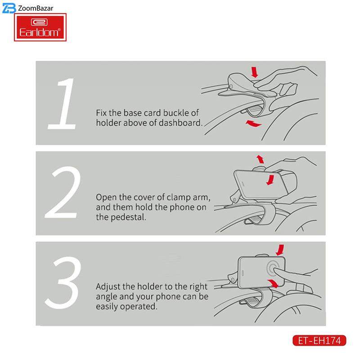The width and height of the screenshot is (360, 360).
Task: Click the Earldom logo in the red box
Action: pos(40,27)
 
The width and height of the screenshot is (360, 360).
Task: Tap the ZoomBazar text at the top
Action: pos(36,8)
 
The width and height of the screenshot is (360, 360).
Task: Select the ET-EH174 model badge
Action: pos(319,341)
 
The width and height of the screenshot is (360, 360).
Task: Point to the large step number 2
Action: pos(63,192)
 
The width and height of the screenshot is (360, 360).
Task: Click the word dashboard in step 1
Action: pos(180,123)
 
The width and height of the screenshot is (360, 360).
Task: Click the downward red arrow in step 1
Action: pos(254,72)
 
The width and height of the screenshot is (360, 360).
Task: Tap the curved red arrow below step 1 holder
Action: pos(253,124)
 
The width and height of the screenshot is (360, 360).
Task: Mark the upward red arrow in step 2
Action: pos(261,159)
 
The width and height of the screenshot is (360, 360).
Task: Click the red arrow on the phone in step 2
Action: pos(270,180)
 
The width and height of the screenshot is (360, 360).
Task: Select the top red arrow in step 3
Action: pos(280,250)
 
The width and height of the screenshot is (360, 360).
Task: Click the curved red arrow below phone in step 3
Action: pos(273,283)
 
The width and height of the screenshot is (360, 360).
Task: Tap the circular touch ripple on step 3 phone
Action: pos(273,268)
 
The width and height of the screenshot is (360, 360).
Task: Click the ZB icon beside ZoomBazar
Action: pos(9,8)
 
